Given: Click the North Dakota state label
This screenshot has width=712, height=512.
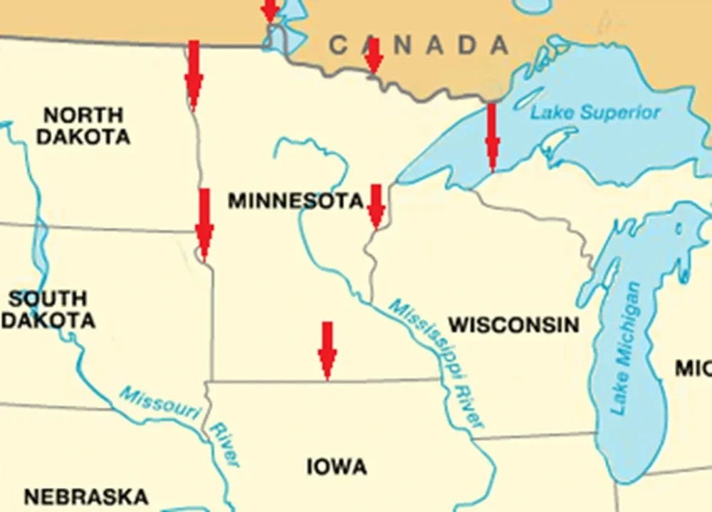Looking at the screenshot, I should pos(83,126).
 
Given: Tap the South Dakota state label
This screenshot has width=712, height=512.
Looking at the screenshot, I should pos(48,310).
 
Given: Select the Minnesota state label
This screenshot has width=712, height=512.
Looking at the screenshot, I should pos(295,201).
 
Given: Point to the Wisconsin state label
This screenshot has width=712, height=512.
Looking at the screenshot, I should pos(513,325).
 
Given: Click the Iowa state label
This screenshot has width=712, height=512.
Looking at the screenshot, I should pos(337,467).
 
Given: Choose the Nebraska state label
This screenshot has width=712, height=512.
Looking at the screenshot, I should pos(86,496).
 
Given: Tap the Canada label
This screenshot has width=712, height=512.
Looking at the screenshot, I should pos(419,46).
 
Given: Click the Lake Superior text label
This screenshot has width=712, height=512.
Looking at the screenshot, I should pos(595,113).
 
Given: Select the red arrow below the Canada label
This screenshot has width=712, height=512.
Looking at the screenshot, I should pos(373,57).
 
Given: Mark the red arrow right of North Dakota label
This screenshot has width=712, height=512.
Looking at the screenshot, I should pos(193,75).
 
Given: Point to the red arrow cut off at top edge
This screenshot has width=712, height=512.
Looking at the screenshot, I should pos(269,11).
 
